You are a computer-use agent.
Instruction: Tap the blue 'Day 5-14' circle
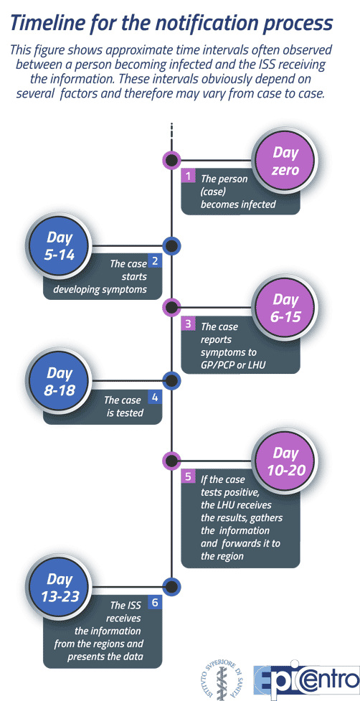pyautogui.click(x=59, y=246)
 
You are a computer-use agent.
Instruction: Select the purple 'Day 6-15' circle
pyautogui.click(x=285, y=308)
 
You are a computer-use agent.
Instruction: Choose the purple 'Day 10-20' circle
pyautogui.click(x=285, y=461)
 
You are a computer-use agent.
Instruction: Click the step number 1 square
pyautogui.click(x=189, y=176)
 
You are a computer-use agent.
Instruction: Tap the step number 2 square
pyautogui.click(x=154, y=261)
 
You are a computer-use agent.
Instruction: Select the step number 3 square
pyautogui.click(x=189, y=324)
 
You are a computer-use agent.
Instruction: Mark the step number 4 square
pyautogui.click(x=154, y=397)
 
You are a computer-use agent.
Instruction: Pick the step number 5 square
pyautogui.click(x=189, y=476)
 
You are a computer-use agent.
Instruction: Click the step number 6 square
pyautogui.click(x=154, y=603)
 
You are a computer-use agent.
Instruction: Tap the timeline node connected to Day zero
pyautogui.click(x=171, y=160)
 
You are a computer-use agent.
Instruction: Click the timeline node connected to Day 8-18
pyautogui.click(x=171, y=381)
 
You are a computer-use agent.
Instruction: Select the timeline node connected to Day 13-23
pyautogui.click(x=171, y=586)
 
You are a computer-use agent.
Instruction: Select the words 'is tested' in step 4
pyautogui.click(x=125, y=412)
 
